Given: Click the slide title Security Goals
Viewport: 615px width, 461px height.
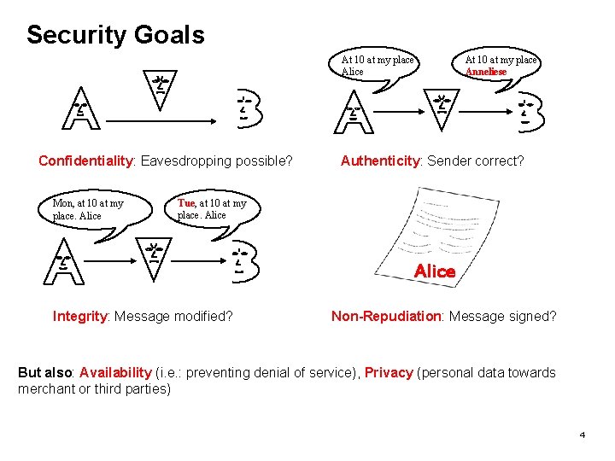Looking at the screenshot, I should [x=115, y=35].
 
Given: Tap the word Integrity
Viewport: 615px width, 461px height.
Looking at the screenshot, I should [x=79, y=316].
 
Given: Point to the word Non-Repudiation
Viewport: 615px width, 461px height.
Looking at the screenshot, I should [x=385, y=316].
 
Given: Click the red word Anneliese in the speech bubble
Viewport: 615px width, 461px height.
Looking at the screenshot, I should [x=485, y=72].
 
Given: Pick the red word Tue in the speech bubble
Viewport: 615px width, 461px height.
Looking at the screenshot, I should [x=186, y=203].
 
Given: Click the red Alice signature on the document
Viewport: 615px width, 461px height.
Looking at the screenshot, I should [x=435, y=271].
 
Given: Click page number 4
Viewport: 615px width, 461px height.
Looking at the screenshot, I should [x=583, y=435].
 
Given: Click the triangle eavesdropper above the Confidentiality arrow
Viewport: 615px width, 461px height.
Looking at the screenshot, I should [x=159, y=89].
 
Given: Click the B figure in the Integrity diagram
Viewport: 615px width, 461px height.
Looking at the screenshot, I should [x=246, y=260].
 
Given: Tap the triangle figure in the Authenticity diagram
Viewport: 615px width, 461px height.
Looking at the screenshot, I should [x=442, y=109].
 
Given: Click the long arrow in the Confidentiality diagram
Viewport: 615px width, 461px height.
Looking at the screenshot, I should [x=162, y=121].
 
